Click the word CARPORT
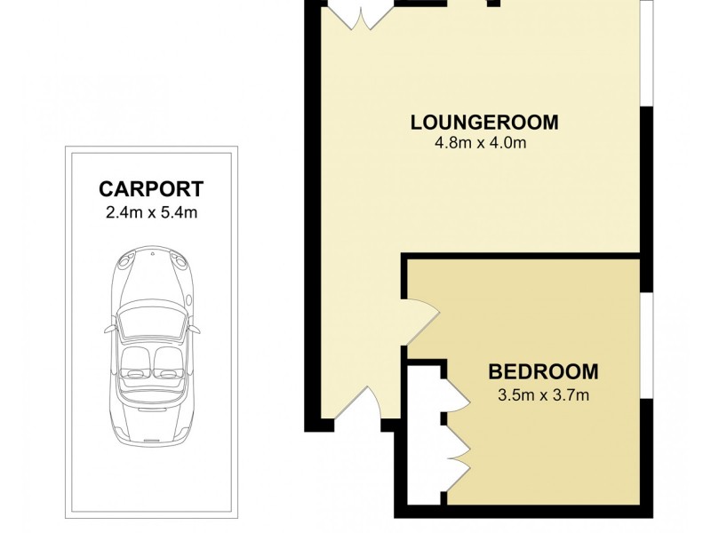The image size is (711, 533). (x=151, y=188)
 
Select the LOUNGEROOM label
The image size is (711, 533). (x=484, y=122)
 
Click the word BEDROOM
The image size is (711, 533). (x=543, y=371)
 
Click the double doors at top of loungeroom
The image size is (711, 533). (x=359, y=14)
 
